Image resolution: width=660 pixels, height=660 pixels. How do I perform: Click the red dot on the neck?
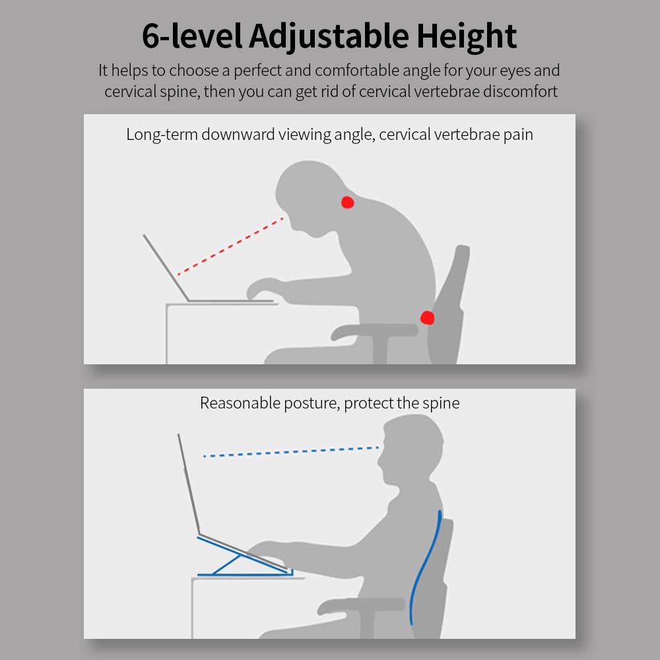347,202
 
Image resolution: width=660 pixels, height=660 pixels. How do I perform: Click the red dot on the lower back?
427,318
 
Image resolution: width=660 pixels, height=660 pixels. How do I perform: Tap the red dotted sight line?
230,246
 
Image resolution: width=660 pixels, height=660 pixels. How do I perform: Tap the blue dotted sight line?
291,451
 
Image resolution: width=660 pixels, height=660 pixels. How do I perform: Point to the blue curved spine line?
425,568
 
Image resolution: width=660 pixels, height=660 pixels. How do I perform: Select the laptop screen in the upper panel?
166,268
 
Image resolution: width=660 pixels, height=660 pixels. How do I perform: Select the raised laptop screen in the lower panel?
189,484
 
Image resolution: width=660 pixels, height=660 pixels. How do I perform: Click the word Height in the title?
467,37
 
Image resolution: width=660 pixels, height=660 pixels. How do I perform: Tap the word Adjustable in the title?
329,37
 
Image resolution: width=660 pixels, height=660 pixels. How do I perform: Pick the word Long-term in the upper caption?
162,135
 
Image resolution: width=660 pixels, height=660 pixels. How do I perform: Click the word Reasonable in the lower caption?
240,403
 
